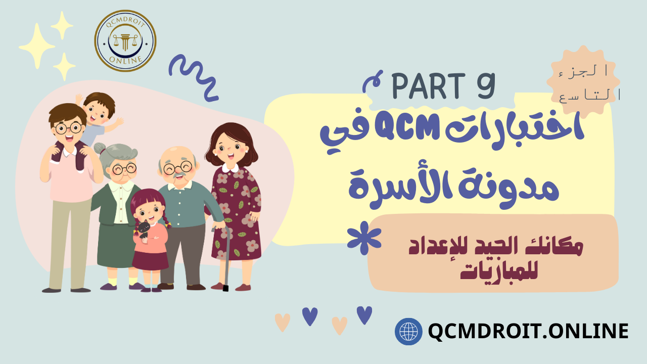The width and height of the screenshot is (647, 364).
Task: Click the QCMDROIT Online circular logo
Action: pyautogui.click(x=125, y=41)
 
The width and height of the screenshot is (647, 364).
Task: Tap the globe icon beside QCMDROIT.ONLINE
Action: pyautogui.click(x=408, y=331)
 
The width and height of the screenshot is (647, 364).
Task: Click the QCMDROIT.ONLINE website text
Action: pyautogui.click(x=528, y=331)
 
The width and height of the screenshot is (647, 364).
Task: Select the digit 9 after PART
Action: pyautogui.click(x=486, y=85)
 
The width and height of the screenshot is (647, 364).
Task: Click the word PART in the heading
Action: pyautogui.click(x=428, y=85)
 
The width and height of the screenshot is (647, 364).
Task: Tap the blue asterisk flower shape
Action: pyautogui.click(x=364, y=238)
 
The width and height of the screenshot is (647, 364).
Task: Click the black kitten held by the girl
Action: pyautogui.click(x=144, y=229)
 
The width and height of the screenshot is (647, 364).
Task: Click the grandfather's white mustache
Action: pyautogui.click(x=179, y=174)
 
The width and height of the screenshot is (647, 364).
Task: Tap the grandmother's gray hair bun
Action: pyautogui.click(x=100, y=149)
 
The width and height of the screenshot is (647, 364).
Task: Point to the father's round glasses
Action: pyautogui.click(x=68, y=128)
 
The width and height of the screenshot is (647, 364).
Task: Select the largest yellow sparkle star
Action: pyautogui.click(x=37, y=45)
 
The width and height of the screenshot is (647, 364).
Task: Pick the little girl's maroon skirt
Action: pyautogui.click(x=150, y=260)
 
